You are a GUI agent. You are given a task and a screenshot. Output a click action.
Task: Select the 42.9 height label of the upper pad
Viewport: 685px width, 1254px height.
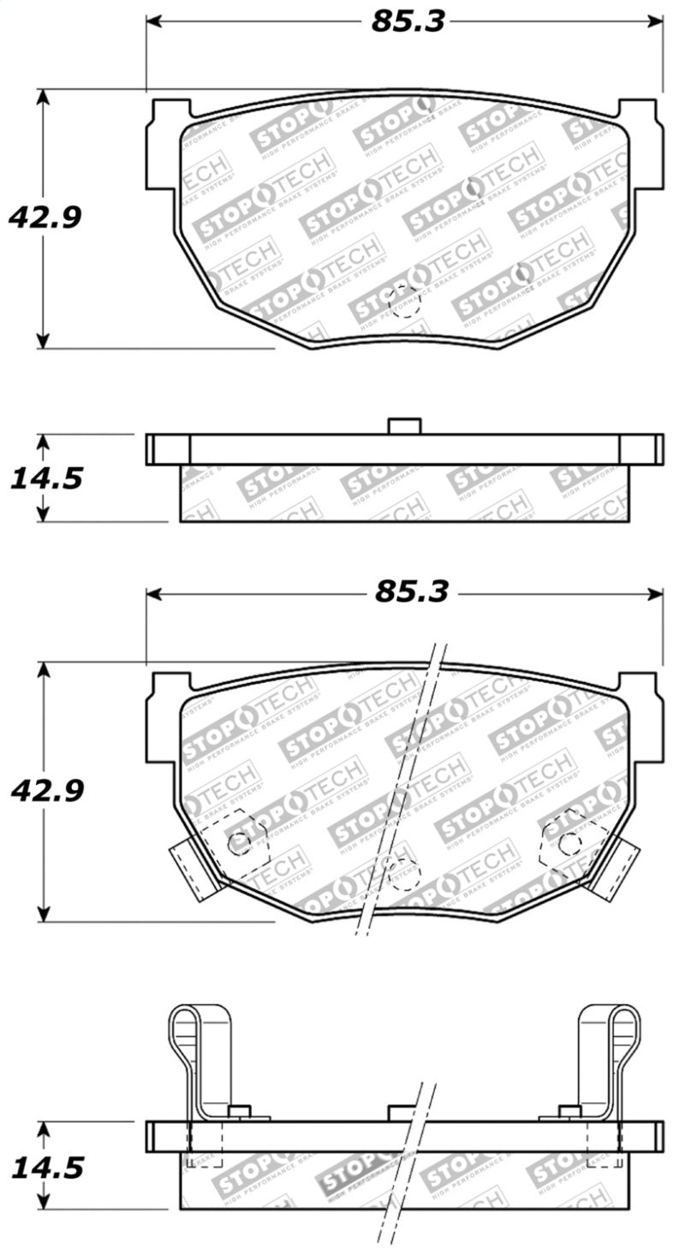(x=45, y=217)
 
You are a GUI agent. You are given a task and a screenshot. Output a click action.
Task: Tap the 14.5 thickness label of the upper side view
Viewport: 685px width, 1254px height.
(x=46, y=478)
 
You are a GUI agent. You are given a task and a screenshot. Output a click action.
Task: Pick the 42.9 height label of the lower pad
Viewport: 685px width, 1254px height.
(x=46, y=790)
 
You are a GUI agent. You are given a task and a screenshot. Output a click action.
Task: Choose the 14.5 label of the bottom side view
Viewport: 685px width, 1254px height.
(x=46, y=1167)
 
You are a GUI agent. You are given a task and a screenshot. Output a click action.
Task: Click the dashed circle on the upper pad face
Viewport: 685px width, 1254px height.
(x=405, y=300)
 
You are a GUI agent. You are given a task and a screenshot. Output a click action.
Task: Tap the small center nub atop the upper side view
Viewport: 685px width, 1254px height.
(x=404, y=425)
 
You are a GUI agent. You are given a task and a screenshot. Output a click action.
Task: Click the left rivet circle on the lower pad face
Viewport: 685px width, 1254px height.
(x=240, y=843)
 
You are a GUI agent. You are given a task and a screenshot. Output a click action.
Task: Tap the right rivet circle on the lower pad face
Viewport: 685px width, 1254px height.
(x=569, y=843)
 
